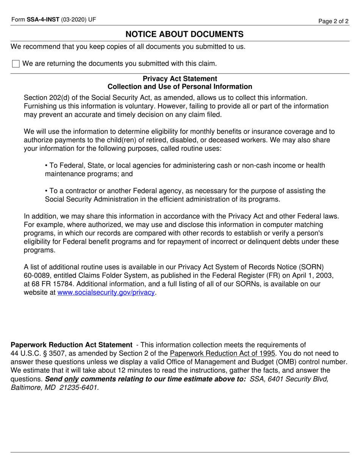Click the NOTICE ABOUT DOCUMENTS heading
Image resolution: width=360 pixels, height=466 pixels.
click(x=185, y=34)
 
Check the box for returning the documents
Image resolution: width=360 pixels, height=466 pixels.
click(x=16, y=64)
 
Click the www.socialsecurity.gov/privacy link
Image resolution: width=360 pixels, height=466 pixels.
click(x=106, y=292)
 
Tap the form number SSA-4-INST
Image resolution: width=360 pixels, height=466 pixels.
click(x=43, y=20)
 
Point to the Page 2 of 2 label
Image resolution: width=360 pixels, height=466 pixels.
click(x=333, y=21)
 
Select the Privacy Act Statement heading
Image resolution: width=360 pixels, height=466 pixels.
click(x=180, y=78)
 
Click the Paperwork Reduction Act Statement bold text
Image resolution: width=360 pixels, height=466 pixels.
click(x=71, y=345)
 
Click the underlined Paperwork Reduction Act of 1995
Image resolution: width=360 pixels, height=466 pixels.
click(x=222, y=353)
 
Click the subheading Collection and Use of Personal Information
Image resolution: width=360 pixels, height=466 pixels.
click(x=180, y=87)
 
